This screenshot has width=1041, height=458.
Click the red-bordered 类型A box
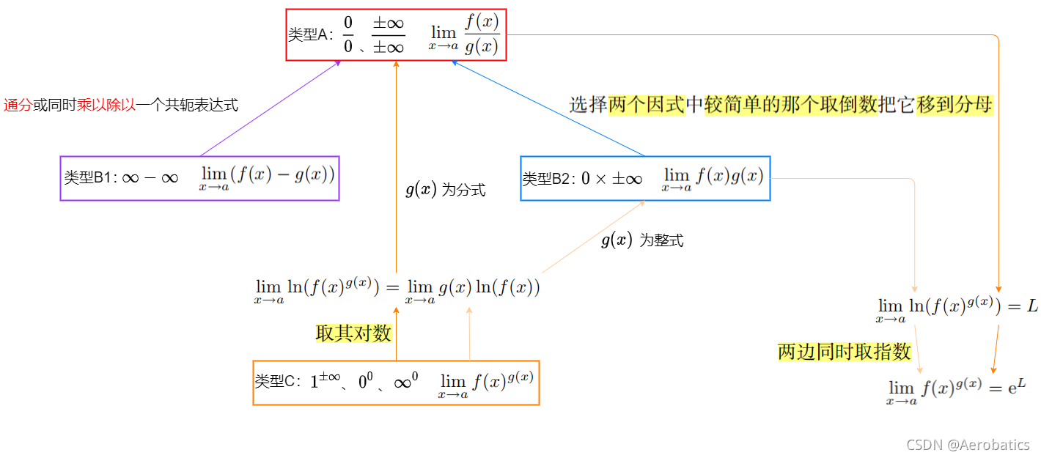click(x=396, y=35)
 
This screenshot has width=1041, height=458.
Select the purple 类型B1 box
click(x=199, y=178)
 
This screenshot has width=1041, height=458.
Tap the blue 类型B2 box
click(x=645, y=178)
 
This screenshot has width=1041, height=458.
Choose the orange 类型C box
click(x=396, y=383)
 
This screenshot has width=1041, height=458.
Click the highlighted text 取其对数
click(x=354, y=334)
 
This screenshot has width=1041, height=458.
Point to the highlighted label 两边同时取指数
click(x=845, y=352)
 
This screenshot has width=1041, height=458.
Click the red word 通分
click(x=18, y=106)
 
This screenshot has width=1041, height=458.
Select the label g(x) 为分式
click(x=445, y=191)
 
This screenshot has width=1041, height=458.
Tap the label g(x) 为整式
click(x=642, y=240)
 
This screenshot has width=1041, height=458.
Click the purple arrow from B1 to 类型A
click(x=271, y=108)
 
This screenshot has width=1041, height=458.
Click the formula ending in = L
click(x=956, y=309)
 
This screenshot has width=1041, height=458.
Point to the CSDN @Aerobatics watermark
click(x=968, y=445)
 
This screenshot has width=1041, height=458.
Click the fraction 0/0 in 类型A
click(x=348, y=35)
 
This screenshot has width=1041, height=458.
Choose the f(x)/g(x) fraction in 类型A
click(x=482, y=35)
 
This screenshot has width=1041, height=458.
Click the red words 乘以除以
click(x=107, y=106)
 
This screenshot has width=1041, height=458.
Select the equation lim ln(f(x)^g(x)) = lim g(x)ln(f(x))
click(x=397, y=289)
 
